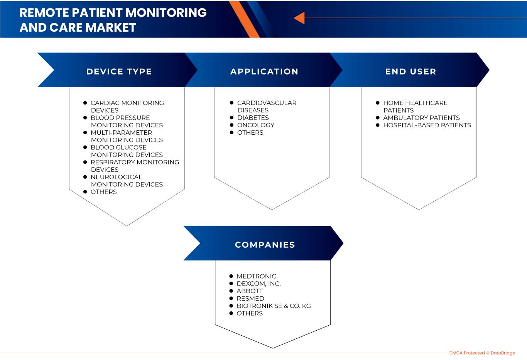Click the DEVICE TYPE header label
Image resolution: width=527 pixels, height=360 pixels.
coord(119,71)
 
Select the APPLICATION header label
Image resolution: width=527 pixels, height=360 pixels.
coord(264,71)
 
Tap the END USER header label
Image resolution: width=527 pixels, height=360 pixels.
coord(410,71)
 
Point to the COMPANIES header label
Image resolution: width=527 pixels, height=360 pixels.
coord(265,245)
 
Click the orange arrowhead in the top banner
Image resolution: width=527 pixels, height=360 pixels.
coord(299,18)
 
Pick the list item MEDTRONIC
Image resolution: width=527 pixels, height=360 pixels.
coord(256,276)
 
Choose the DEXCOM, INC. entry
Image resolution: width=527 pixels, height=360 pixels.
coord(258,284)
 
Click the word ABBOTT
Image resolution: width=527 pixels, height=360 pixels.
coord(250,291)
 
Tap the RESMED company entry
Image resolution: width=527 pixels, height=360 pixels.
coord(250,298)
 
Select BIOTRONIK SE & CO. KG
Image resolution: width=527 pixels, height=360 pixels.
coord(274,306)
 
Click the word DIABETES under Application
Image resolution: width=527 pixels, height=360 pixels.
coord(253,118)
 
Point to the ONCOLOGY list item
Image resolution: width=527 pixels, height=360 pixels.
coord(256,125)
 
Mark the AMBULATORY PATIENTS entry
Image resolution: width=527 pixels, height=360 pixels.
coord(421,118)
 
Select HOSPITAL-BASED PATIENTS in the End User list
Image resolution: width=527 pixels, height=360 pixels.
coord(427,125)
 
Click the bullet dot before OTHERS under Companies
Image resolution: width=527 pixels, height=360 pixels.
coord(231,313)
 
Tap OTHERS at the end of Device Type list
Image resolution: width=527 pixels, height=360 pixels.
coord(103,192)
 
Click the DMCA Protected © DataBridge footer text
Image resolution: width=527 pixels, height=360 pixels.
coord(482,353)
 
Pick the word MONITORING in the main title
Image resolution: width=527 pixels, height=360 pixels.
coord(166,13)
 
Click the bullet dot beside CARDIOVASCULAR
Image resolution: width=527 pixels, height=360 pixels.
coord(231,103)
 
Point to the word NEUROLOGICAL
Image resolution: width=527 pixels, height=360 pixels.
coord(116,177)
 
